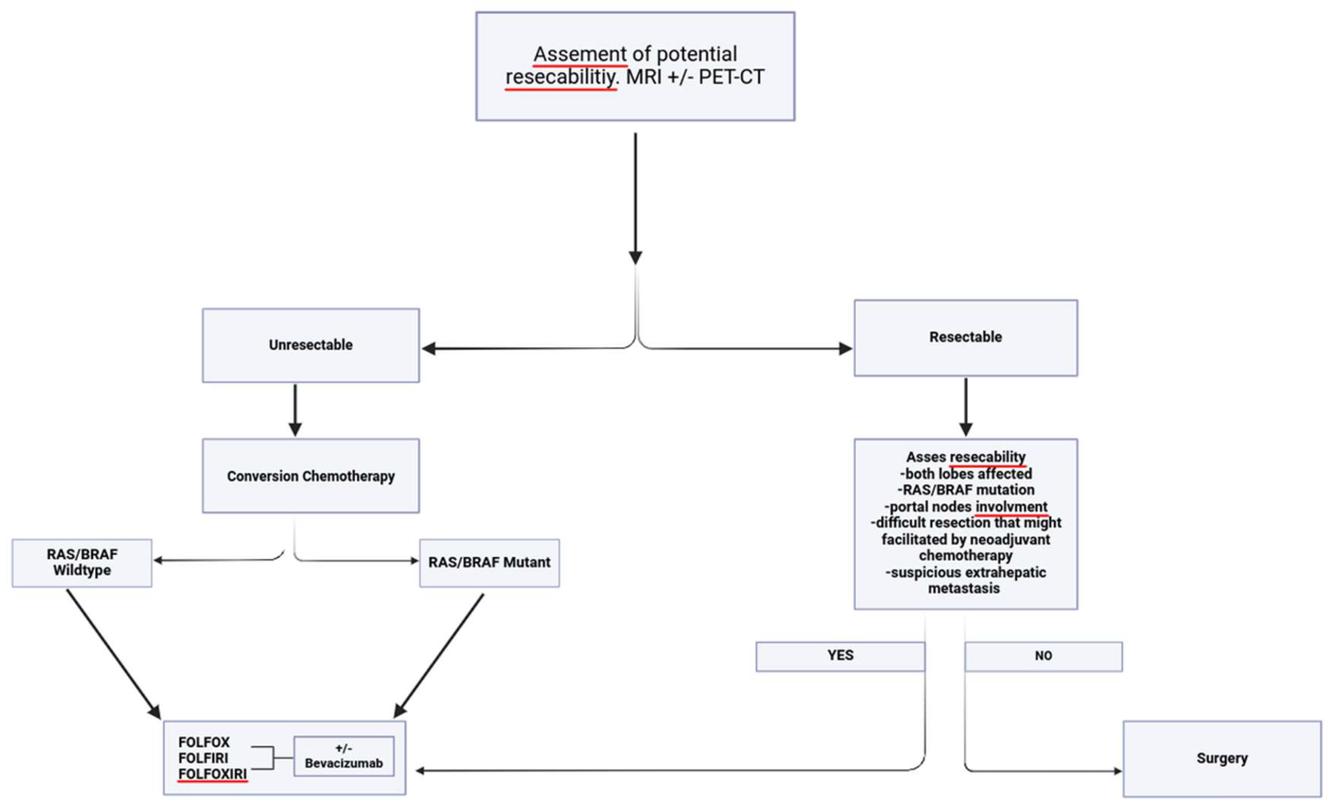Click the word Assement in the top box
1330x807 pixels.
click(580, 54)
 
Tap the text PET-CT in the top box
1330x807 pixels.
click(731, 77)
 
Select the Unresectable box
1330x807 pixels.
click(310, 345)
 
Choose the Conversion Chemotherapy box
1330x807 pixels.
click(310, 476)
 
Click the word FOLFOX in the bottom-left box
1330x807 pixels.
click(203, 742)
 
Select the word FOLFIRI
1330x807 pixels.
click(203, 758)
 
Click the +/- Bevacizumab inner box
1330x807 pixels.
click(343, 756)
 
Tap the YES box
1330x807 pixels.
click(840, 655)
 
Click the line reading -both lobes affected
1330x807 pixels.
click(966, 474)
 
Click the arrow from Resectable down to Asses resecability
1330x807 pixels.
click(966, 407)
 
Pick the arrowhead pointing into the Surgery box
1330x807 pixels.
click(1117, 771)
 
